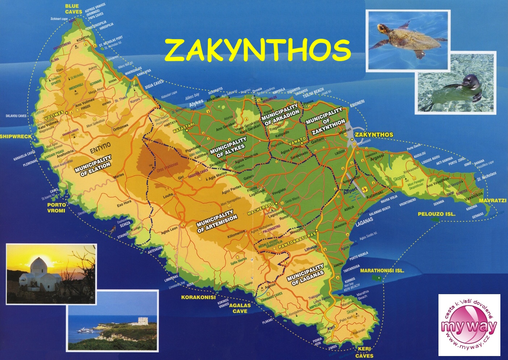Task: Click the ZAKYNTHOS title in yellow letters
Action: (257, 50)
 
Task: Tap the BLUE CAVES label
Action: (73, 9)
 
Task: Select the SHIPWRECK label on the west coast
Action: (16, 136)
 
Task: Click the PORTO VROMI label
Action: (56, 208)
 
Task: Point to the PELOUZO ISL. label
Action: (436, 214)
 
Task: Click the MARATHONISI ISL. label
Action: (382, 270)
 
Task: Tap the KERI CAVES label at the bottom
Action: (364, 352)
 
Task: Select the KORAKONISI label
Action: (198, 297)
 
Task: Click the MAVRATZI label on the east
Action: (492, 200)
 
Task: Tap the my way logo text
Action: (469, 326)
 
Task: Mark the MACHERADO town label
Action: (260, 209)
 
